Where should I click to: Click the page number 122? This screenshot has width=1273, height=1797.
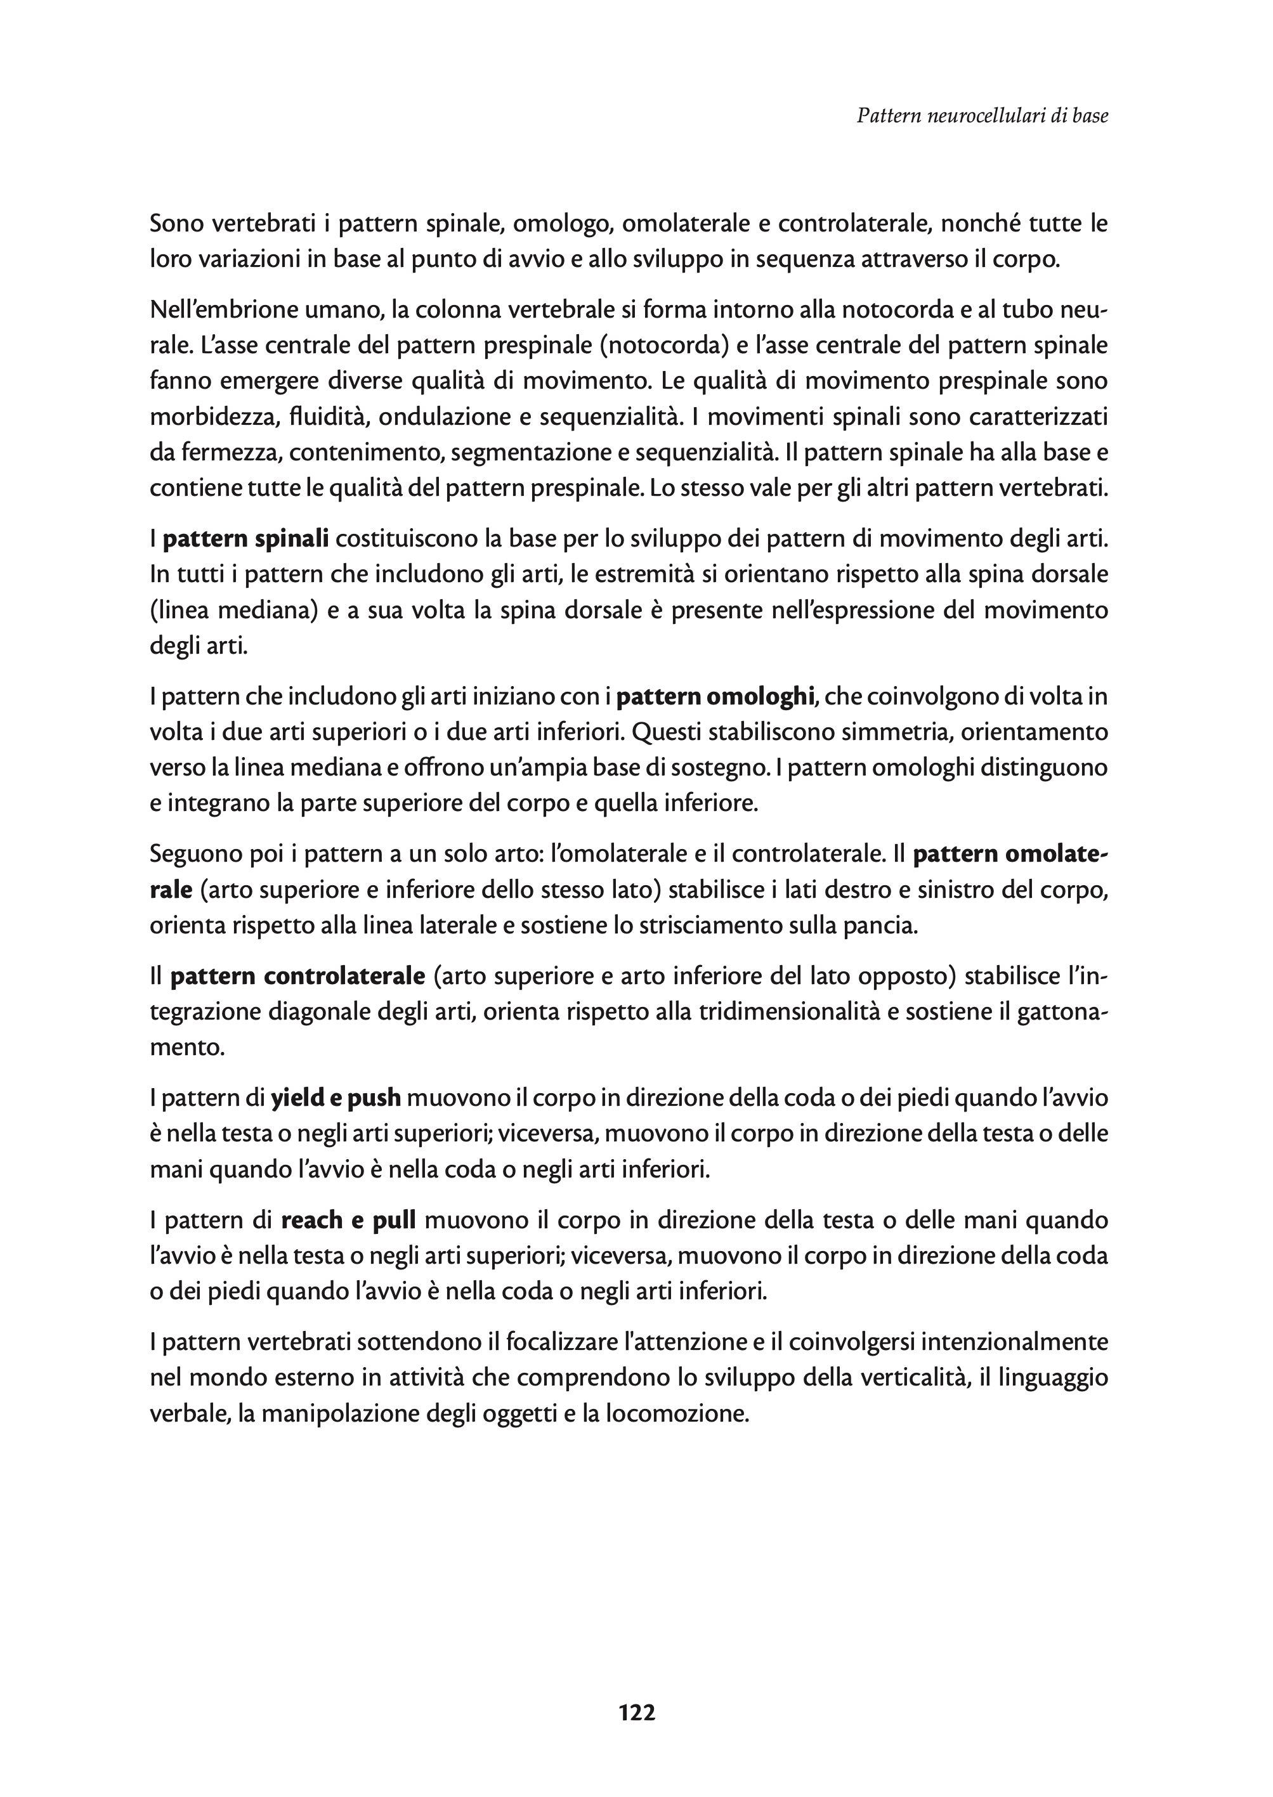pos(637,1713)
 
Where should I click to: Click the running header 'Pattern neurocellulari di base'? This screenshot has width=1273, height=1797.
pos(982,116)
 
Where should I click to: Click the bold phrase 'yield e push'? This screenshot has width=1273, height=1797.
pos(336,1099)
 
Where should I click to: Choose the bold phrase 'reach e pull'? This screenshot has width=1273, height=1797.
pos(348,1220)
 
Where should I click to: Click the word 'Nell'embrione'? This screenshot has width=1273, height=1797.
pos(219,310)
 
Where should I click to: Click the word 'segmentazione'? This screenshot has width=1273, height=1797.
pos(539,453)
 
